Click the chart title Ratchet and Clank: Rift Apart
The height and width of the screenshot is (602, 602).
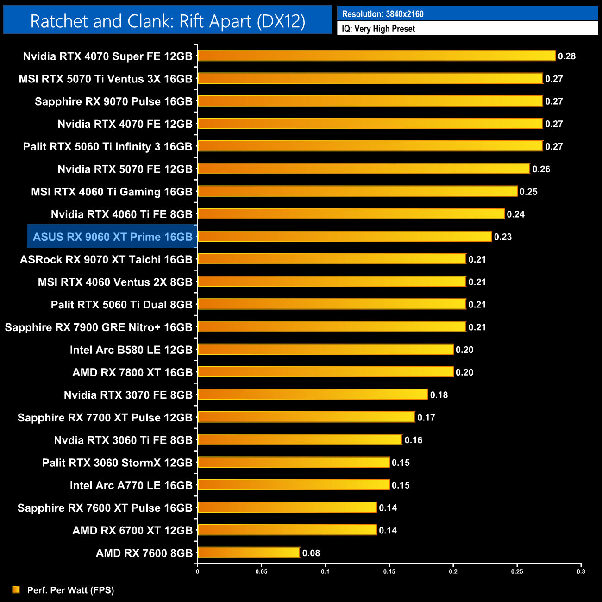pyautogui.click(x=168, y=21)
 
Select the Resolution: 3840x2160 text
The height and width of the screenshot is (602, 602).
pyautogui.click(x=383, y=14)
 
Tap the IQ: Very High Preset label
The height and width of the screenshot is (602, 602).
pyautogui.click(x=378, y=29)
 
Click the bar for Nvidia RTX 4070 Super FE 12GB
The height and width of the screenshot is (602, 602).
pyautogui.click(x=376, y=56)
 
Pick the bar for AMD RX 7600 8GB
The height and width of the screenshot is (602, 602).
pyautogui.click(x=249, y=552)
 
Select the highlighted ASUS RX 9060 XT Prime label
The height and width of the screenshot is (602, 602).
pyautogui.click(x=113, y=237)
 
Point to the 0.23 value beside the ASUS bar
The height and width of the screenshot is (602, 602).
pyautogui.click(x=503, y=237)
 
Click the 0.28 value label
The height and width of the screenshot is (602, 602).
pyautogui.click(x=567, y=56)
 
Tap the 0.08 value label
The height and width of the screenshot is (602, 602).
pyautogui.click(x=311, y=553)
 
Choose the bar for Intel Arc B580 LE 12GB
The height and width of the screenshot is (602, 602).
pyautogui.click(x=326, y=350)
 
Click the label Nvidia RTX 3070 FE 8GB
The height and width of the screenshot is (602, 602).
pyautogui.click(x=128, y=395)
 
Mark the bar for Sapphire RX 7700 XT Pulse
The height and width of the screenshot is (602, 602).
pyautogui.click(x=306, y=417)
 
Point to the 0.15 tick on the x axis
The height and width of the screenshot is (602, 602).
pyautogui.click(x=389, y=571)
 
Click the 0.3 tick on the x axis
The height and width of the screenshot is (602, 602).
pyautogui.click(x=581, y=571)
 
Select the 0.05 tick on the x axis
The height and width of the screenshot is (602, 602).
pyautogui.click(x=262, y=571)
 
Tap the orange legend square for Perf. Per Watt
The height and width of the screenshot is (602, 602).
pyautogui.click(x=16, y=589)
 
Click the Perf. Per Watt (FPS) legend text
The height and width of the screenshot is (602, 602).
pyautogui.click(x=70, y=590)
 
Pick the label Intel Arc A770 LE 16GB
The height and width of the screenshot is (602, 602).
pyautogui.click(x=131, y=485)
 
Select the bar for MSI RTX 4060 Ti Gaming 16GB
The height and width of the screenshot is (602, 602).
pyautogui.click(x=357, y=191)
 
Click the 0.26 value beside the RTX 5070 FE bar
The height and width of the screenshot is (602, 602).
pyautogui.click(x=541, y=169)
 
